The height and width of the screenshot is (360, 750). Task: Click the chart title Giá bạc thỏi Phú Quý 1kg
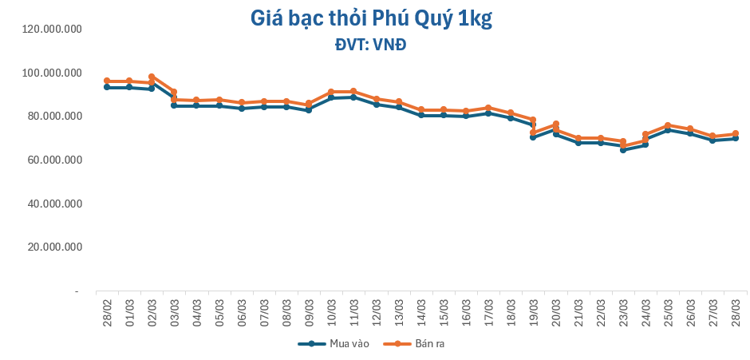click(x=371, y=18)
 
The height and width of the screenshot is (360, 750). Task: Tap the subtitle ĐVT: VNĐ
click(x=370, y=45)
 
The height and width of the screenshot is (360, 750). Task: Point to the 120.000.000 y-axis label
click(x=53, y=30)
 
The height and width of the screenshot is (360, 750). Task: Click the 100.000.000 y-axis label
click(x=53, y=73)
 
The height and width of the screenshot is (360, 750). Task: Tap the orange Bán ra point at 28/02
click(x=107, y=81)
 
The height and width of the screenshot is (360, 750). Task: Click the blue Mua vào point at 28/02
click(x=107, y=87)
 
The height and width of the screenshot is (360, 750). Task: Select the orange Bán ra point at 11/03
click(x=353, y=92)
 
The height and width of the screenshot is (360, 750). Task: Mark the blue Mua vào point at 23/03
click(x=623, y=149)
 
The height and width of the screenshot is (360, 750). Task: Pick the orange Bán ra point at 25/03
click(x=668, y=125)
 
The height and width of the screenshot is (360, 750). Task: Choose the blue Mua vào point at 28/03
click(x=735, y=138)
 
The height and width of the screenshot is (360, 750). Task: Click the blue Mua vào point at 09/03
click(x=309, y=109)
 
